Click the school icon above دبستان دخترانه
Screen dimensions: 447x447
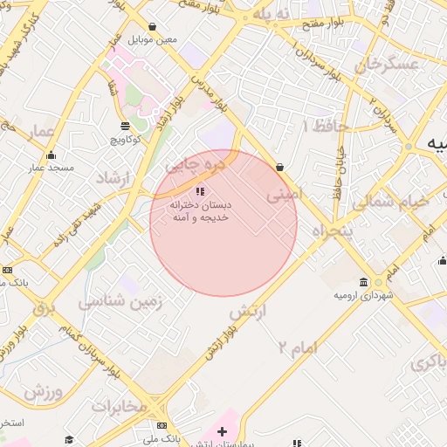coord(200,190)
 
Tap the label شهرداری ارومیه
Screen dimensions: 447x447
coord(363,295)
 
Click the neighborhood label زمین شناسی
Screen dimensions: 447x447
coord(121,303)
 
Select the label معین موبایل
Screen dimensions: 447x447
coord(153,40)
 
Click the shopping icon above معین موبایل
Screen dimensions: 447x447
coord(153,27)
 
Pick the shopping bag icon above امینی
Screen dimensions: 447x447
coord(279,167)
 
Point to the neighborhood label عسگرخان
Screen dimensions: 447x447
coord(375,65)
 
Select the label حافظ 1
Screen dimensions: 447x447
coord(325,127)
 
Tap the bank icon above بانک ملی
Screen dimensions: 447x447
coord(162,425)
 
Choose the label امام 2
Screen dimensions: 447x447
coord(297,347)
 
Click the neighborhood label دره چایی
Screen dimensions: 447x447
coord(196,163)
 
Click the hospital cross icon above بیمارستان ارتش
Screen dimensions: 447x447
coord(222,431)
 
